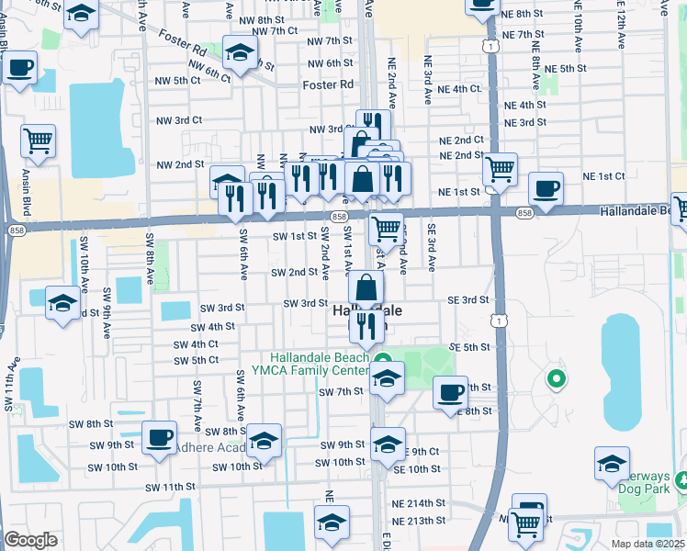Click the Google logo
coord(30,540)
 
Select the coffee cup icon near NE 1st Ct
coord(546,188)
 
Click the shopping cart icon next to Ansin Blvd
coord(38,141)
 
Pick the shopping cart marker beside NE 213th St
coord(524,523)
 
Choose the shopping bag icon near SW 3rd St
coord(366,287)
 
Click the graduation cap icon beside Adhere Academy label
coord(264,442)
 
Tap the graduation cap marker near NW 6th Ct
coord(239,53)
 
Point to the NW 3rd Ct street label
coord(178,120)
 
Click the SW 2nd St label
coord(294,273)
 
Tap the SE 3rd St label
coord(467,300)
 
